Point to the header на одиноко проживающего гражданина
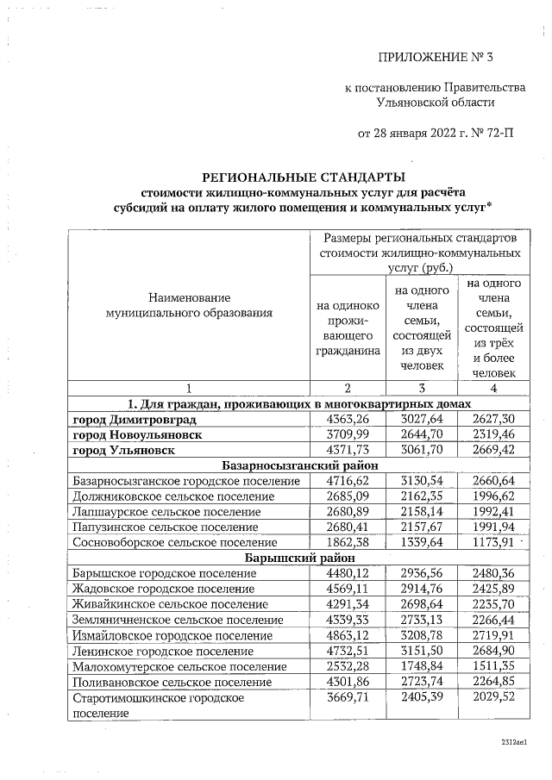(x=348, y=328)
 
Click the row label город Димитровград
(x=134, y=419)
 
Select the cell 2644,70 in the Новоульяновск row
(x=418, y=434)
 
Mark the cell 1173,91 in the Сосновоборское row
(x=488, y=542)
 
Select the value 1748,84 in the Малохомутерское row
(x=418, y=666)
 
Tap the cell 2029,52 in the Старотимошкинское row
(x=488, y=696)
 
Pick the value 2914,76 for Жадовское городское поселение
(x=418, y=589)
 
